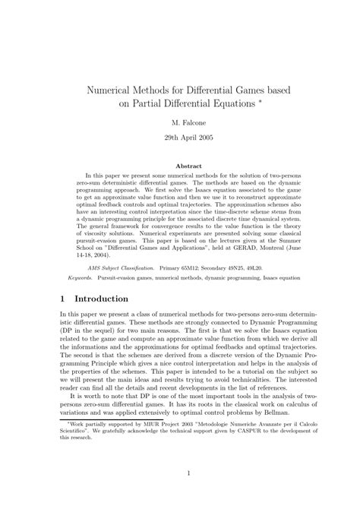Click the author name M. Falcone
pos(179,122)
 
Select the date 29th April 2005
pos(179,139)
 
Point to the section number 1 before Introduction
pos(63,299)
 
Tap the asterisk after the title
pos(261,100)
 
